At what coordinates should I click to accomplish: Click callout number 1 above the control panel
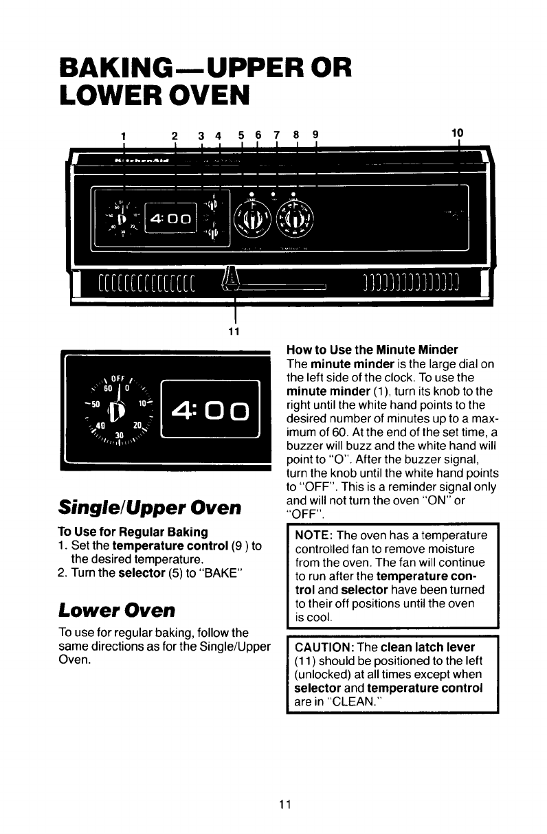tap(122, 135)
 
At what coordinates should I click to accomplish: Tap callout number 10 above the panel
tap(458, 133)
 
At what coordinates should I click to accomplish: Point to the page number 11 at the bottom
tap(286, 804)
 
